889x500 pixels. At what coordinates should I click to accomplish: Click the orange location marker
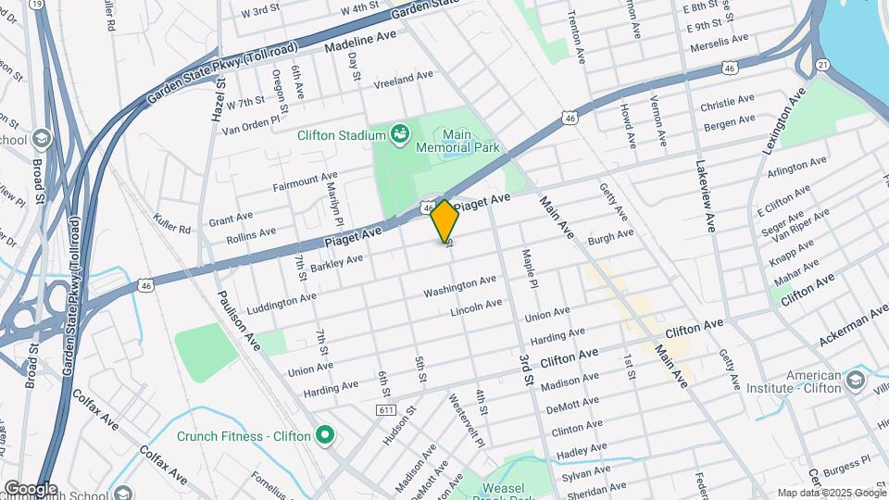(445, 220)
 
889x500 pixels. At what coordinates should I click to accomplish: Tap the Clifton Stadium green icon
(400, 135)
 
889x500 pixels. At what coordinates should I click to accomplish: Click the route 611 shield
(386, 409)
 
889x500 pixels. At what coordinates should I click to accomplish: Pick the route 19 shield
(36, 4)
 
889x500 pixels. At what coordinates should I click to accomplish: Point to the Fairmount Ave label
(306, 181)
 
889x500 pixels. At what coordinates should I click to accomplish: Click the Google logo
(30, 489)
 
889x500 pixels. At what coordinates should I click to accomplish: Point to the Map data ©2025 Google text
(831, 493)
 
